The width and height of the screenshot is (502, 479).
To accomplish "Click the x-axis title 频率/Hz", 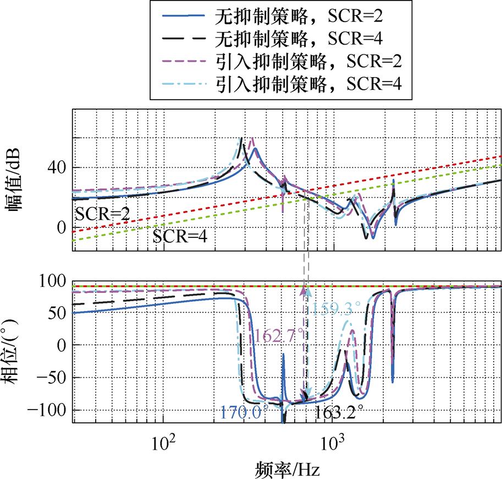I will pyautogui.click(x=287, y=469).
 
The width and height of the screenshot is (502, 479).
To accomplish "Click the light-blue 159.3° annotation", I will pyautogui.click(x=337, y=308).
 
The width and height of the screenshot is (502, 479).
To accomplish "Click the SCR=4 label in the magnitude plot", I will pyautogui.click(x=183, y=237).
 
